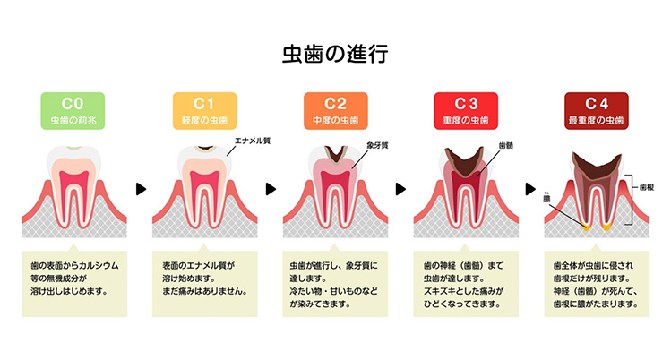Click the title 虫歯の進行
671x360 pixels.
point(335,53)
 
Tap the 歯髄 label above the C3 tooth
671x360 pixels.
point(504,144)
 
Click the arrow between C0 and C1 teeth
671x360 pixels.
point(139,189)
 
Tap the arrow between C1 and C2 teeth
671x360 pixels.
point(270,189)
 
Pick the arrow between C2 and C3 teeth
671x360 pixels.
point(400,189)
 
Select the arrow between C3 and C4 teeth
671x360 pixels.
point(531,189)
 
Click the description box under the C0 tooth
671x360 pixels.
point(73,284)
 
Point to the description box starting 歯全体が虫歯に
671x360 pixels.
point(597,284)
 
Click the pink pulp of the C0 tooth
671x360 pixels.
point(73,179)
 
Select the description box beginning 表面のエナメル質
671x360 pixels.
point(204,284)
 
